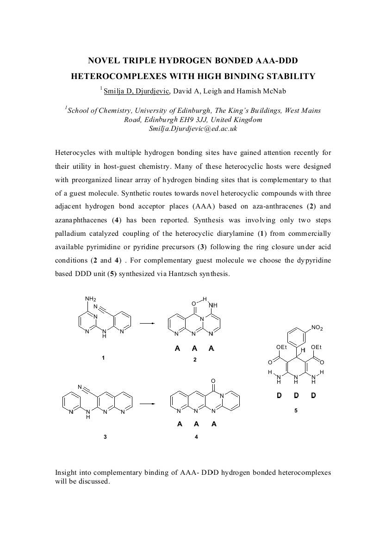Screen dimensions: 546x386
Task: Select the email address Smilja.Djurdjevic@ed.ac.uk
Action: [193, 129]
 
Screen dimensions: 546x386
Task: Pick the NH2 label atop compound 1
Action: [90, 299]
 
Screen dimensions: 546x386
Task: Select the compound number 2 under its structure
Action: [195, 360]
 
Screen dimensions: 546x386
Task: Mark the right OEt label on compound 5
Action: [317, 347]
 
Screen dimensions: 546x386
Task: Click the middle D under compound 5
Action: [296, 395]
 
